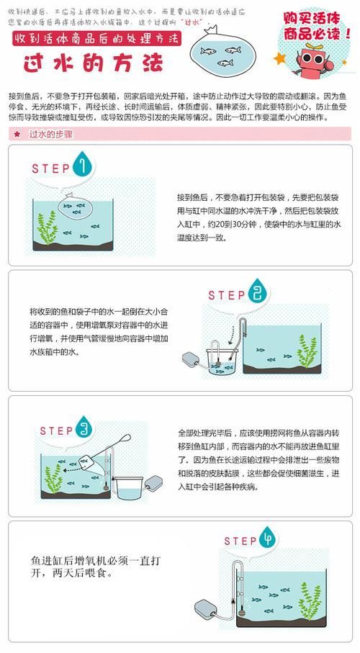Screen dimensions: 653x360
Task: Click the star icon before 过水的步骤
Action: coord(17,135)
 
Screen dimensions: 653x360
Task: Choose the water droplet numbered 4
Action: coord(271,539)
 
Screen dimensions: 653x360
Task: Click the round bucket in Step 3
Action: coord(130,488)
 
